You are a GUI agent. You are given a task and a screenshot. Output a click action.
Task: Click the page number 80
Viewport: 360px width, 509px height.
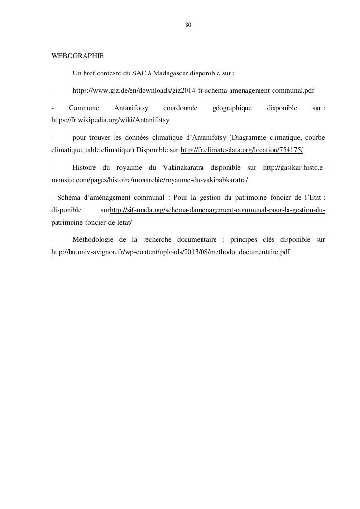click(188, 25)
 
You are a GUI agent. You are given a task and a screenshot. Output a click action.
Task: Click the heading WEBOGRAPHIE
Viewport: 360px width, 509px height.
click(77, 56)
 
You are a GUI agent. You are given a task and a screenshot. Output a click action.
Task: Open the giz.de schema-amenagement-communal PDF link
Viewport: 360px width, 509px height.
click(193, 91)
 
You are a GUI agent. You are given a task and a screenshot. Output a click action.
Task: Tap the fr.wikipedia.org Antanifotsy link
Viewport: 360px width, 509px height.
click(110, 120)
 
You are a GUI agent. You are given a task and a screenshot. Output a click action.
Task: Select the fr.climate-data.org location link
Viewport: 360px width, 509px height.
click(242, 150)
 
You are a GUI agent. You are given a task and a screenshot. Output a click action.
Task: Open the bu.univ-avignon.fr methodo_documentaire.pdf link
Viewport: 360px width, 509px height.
click(171, 252)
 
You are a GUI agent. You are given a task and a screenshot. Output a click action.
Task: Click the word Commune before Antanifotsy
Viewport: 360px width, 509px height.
click(84, 108)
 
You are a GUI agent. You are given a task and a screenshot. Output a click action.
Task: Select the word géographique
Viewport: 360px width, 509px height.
click(232, 108)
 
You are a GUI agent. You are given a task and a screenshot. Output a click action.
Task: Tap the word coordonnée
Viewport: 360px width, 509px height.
click(180, 108)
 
